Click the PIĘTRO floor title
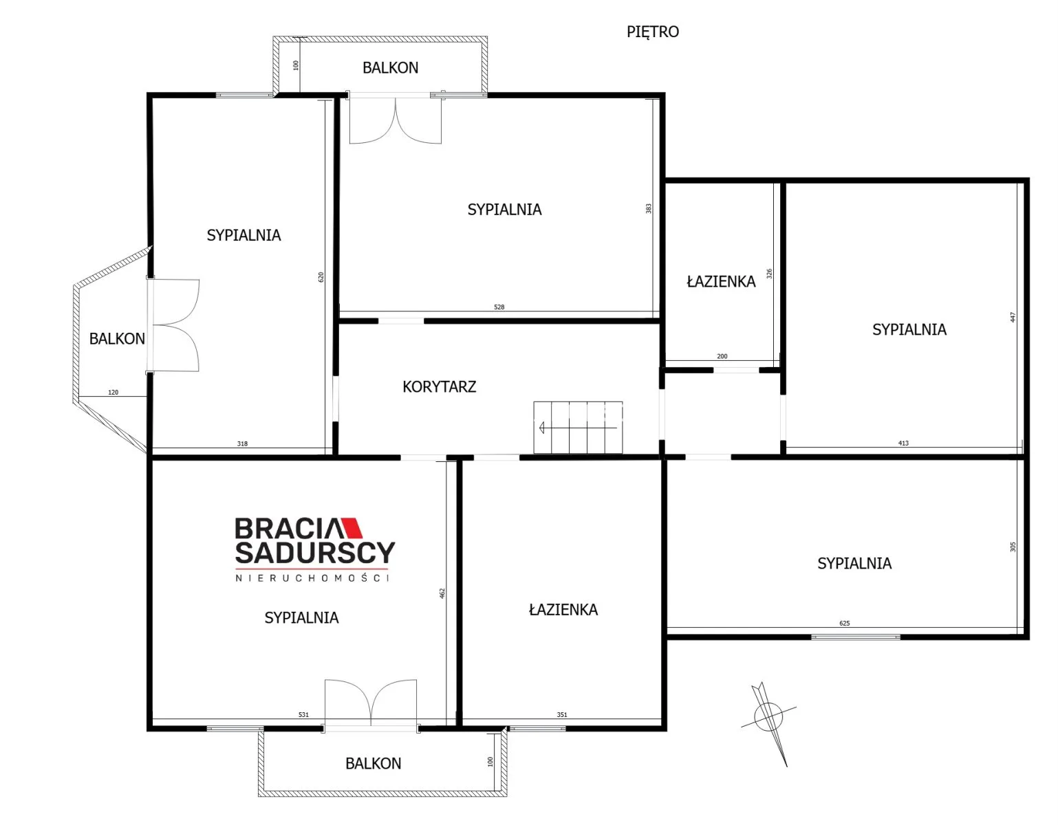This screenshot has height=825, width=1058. click(652, 32)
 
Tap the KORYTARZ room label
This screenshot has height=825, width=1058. click(439, 386)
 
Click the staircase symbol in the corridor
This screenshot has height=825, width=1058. click(578, 428)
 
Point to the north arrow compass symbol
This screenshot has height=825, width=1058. click(768, 723)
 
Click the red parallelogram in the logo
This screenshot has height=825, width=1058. click(352, 527)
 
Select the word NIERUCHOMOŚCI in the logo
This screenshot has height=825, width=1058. click(312, 578)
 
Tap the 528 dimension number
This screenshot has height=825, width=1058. click(499, 307)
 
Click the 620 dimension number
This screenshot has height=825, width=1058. click(321, 277)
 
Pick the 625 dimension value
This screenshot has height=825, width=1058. click(845, 623)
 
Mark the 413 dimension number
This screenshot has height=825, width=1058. click(903, 443)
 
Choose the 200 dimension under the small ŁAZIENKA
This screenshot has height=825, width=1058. click(722, 356)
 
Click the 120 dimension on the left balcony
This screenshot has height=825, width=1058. click(113, 392)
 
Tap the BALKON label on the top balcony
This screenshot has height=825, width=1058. click(391, 67)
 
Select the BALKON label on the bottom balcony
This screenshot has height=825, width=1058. click(374, 764)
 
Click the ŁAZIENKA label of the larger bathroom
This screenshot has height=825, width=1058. click(563, 609)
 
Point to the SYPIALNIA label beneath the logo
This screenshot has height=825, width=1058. click(301, 618)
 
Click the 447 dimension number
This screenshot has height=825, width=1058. click(1013, 317)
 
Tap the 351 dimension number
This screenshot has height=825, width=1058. click(562, 714)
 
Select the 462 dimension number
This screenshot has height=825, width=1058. click(442, 593)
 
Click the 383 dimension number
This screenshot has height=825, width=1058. click(648, 208)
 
